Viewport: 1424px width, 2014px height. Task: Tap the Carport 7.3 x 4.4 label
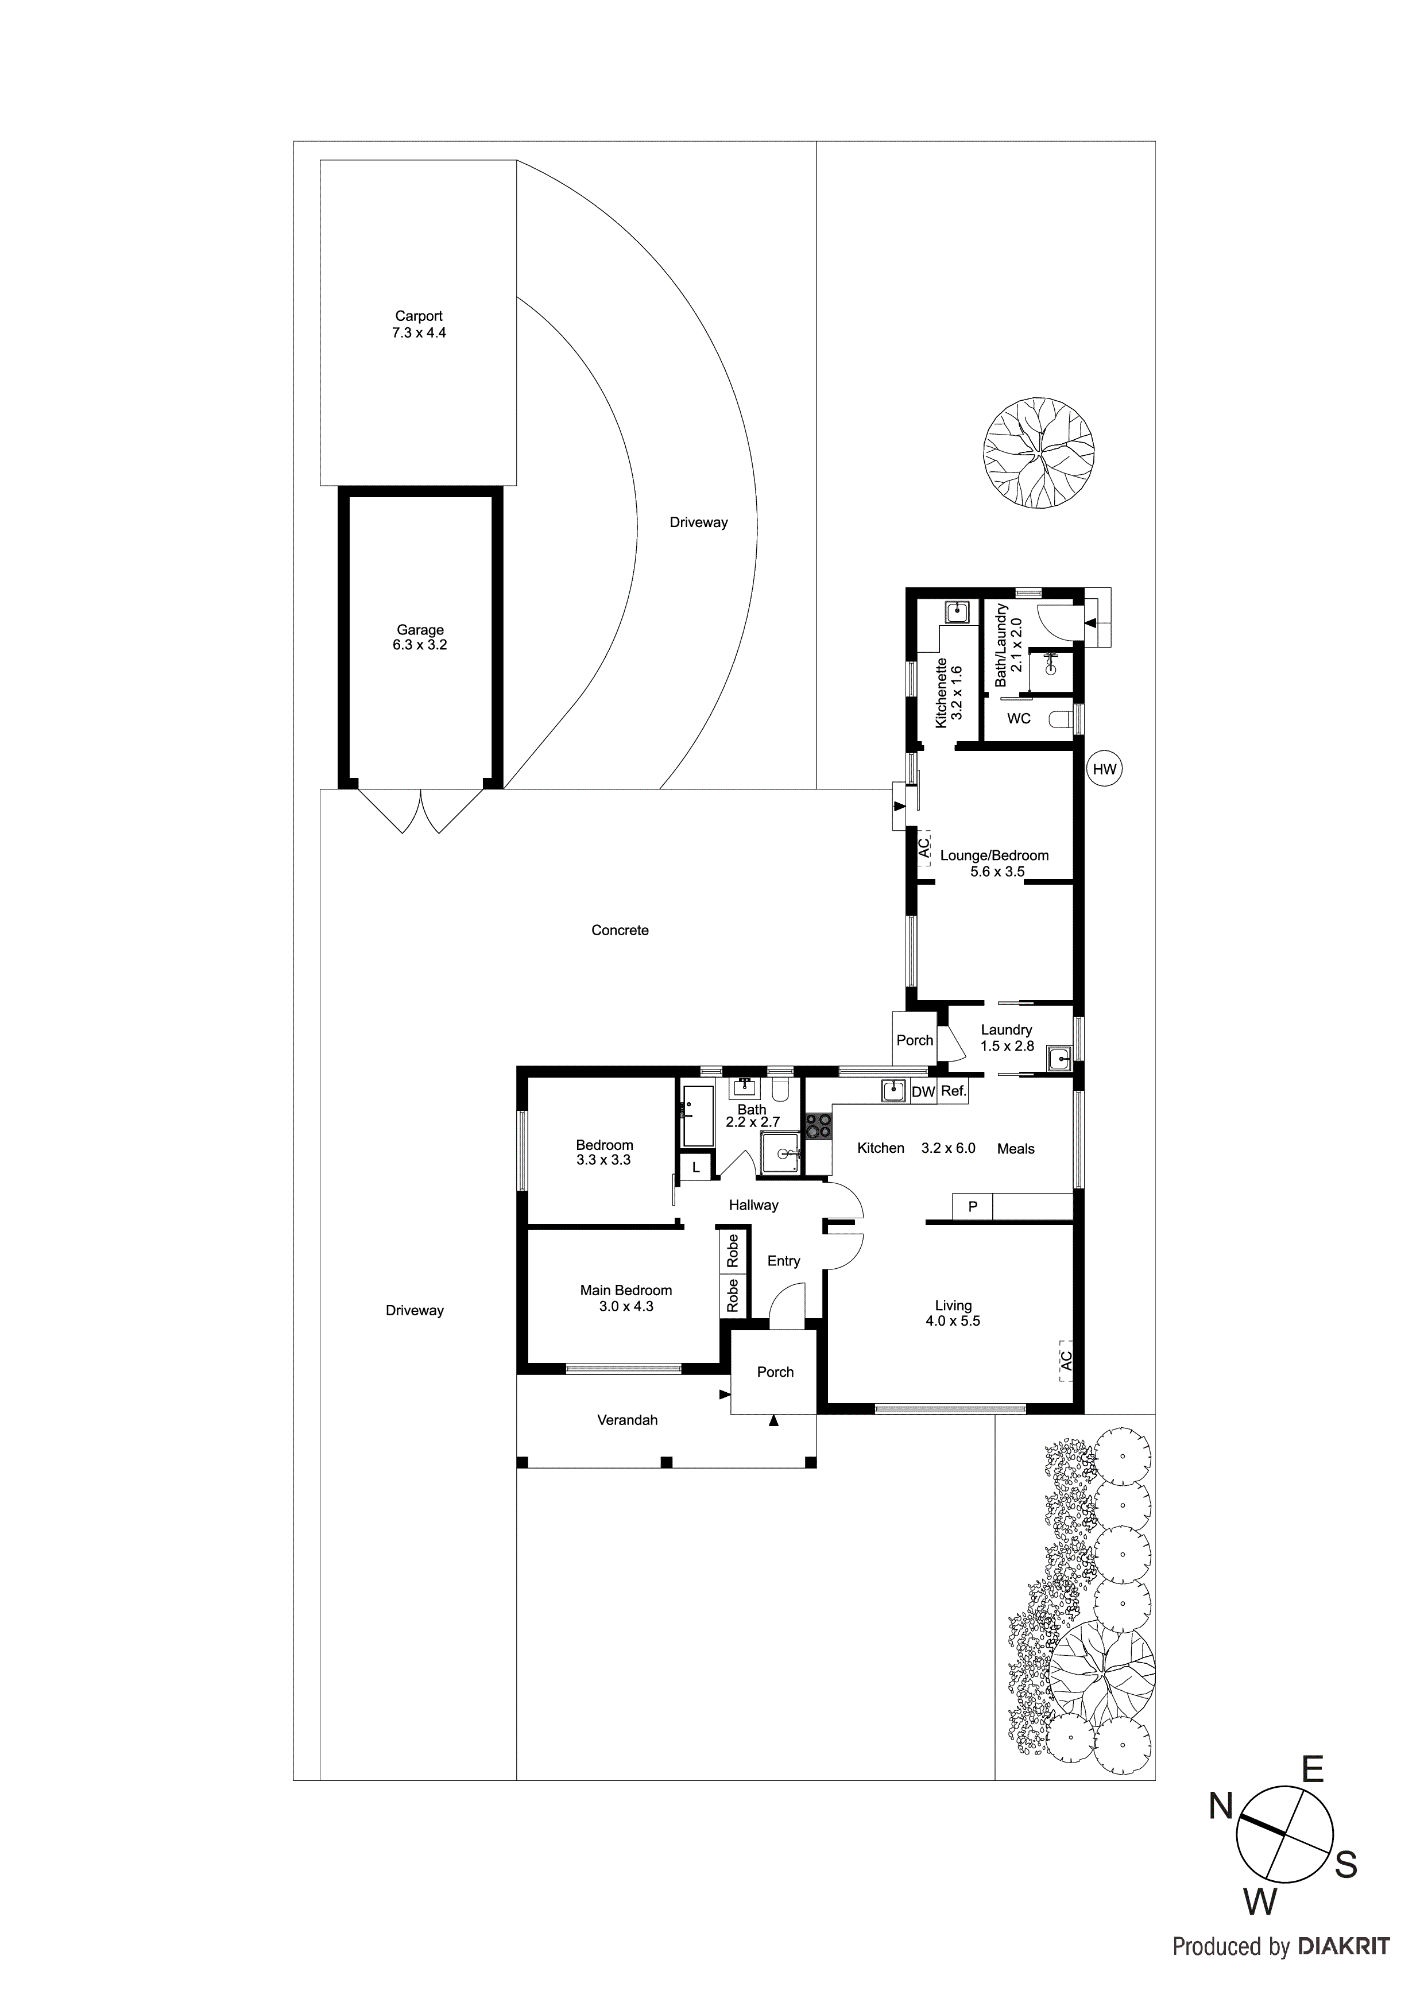(419, 324)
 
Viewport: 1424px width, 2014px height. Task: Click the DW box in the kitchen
(923, 1092)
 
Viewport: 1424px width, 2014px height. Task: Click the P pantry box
(972, 1207)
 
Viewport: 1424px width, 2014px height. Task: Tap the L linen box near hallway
(696, 1168)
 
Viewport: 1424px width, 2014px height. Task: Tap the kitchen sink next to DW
(893, 1090)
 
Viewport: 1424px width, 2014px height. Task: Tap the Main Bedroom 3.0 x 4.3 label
(625, 1298)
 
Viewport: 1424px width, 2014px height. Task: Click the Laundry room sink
(1059, 1060)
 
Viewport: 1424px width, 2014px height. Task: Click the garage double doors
(420, 811)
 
